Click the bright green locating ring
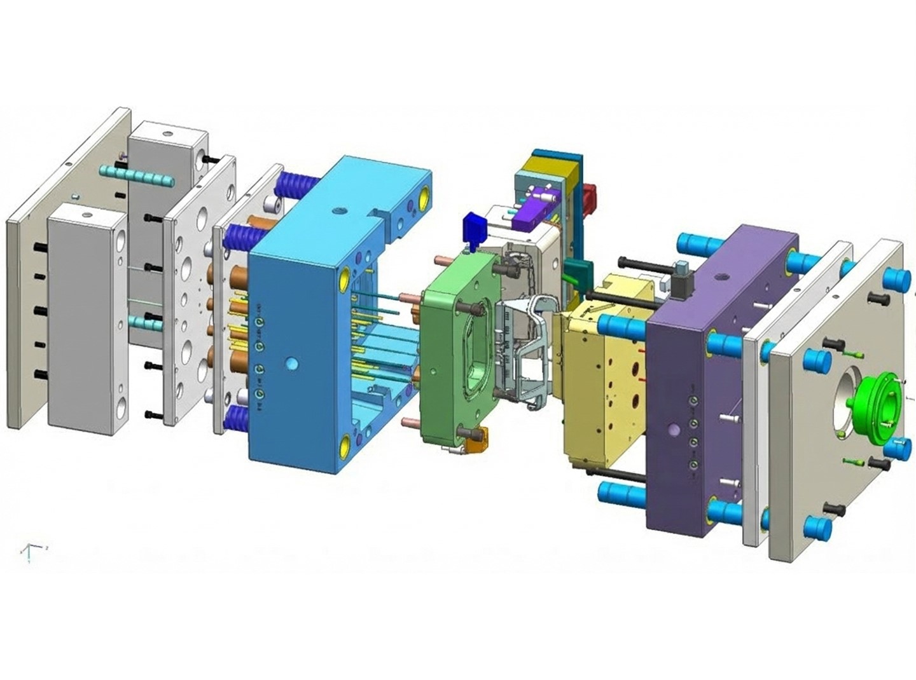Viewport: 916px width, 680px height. point(878,407)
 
